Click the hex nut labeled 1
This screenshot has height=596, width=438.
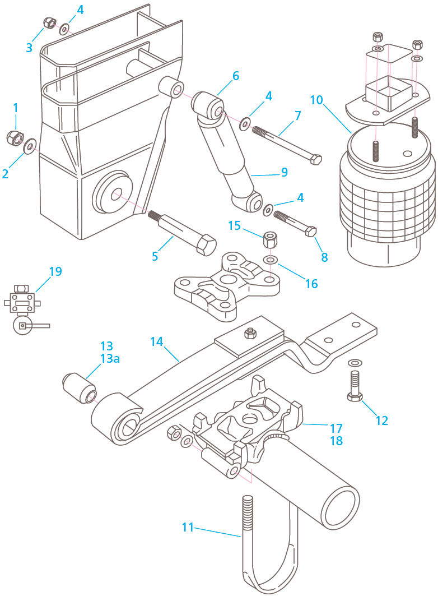tap(14, 136)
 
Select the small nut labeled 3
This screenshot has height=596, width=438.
tap(49, 22)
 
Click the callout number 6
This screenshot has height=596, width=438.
tap(235, 76)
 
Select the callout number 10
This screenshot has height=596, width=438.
tap(316, 100)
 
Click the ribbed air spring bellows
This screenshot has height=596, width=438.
tap(386, 202)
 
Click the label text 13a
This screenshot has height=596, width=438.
tap(110, 359)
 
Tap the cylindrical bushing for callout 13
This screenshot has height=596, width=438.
tap(78, 387)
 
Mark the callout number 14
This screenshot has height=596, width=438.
tap(157, 341)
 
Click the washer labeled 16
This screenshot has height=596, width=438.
tap(271, 261)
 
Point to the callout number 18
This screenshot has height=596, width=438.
tap(336, 441)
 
